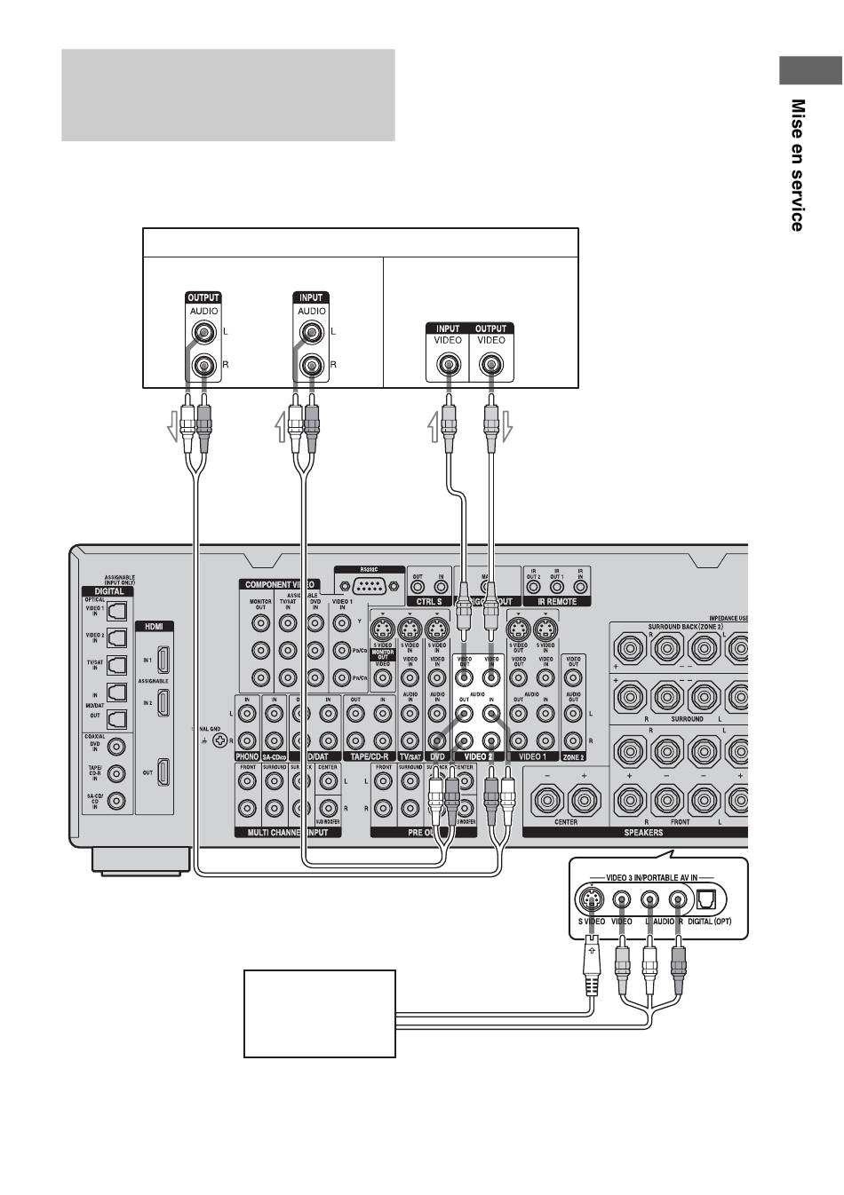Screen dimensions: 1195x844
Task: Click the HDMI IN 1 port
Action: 163,660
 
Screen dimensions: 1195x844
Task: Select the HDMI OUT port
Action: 163,772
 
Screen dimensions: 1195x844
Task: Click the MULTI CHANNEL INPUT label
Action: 281,833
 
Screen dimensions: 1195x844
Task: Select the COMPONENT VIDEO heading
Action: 278,584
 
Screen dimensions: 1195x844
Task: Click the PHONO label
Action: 247,756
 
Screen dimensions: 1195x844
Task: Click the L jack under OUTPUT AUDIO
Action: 204,334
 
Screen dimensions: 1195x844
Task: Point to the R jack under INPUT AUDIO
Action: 311,365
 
